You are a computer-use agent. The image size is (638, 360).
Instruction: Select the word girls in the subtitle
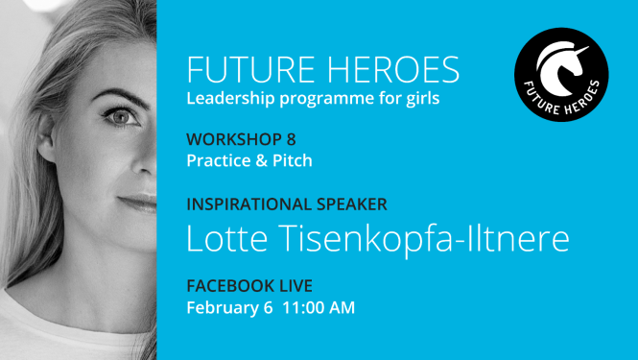pyautogui.click(x=418, y=100)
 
